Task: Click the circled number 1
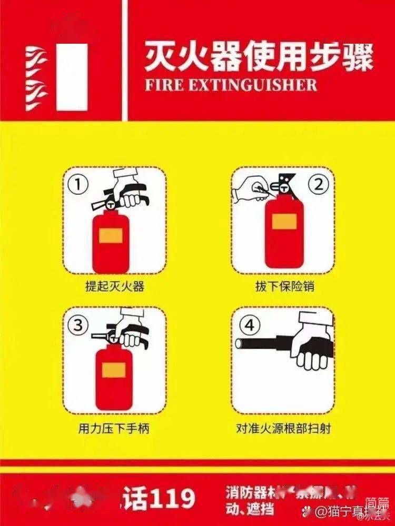tap(78, 185)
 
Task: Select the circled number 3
tap(78, 325)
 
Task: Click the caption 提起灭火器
tap(114, 287)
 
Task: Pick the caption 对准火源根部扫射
tap(283, 428)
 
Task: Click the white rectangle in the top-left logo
tap(72, 77)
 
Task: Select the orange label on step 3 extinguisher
tap(114, 370)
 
